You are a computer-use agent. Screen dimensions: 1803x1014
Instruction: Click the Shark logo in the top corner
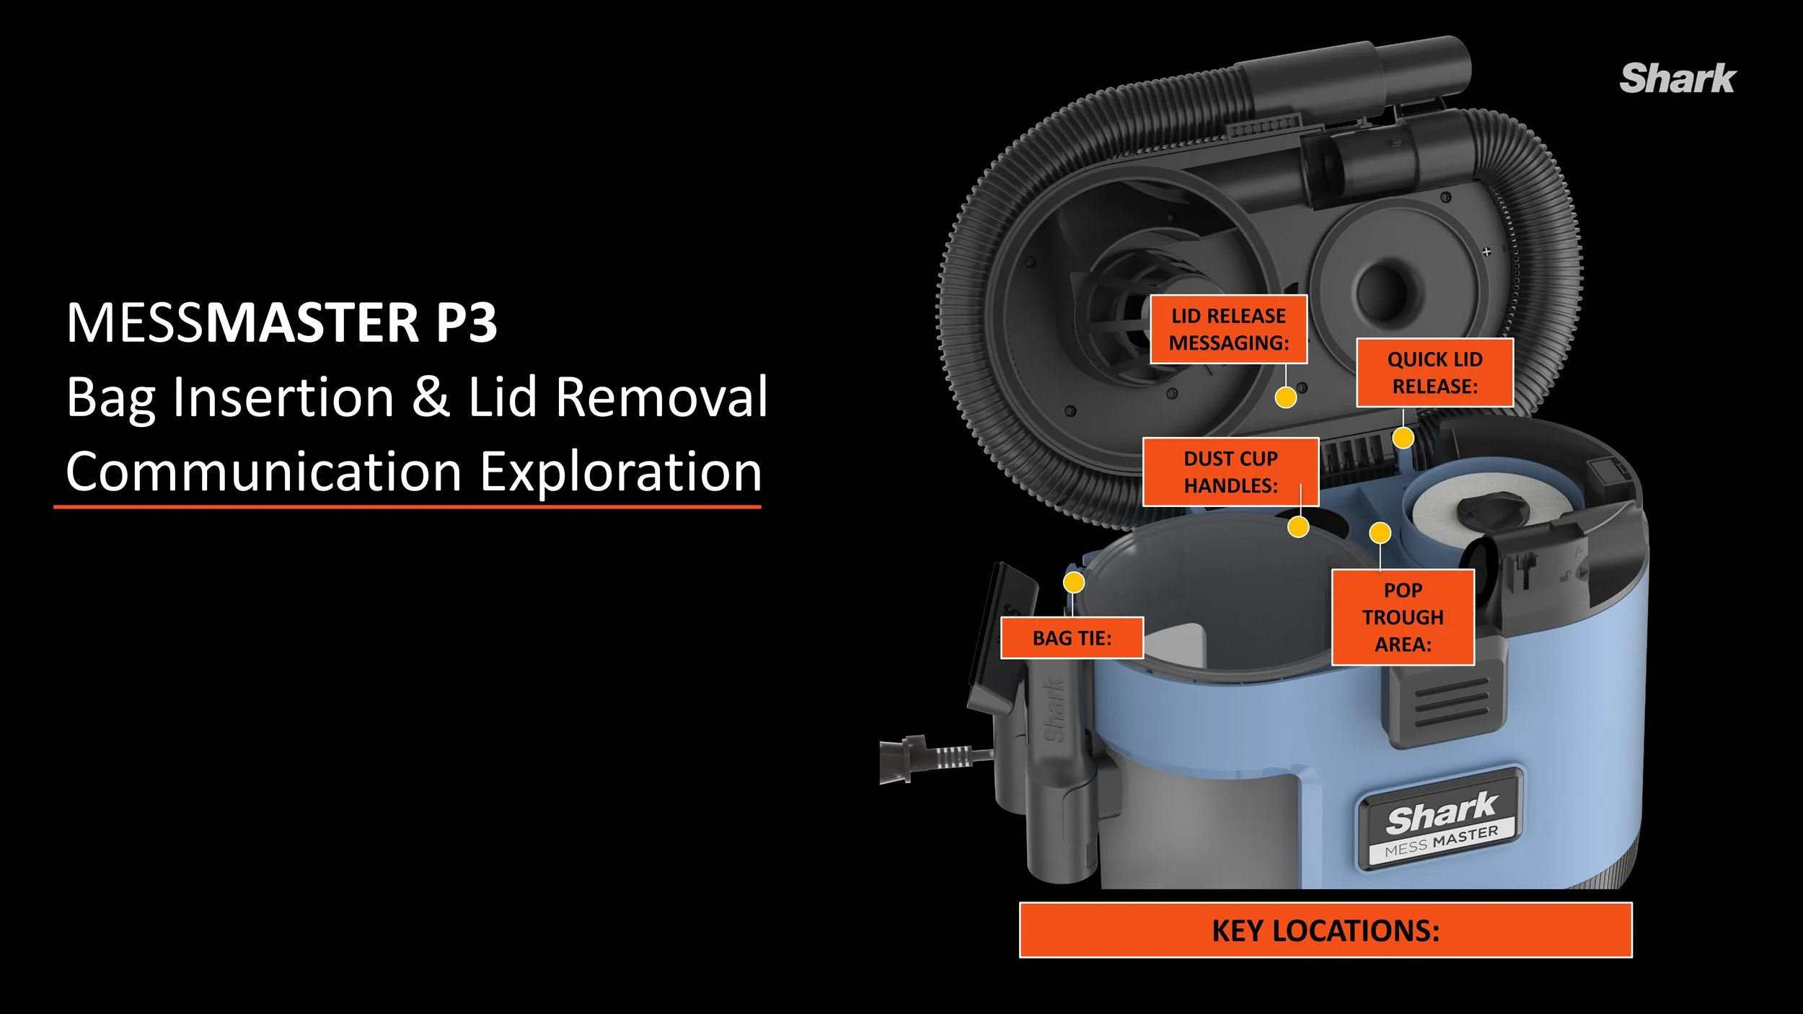[1677, 79]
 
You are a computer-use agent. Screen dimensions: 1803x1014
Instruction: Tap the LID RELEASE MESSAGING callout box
[1228, 329]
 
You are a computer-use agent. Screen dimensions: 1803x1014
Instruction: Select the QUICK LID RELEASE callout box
[1434, 373]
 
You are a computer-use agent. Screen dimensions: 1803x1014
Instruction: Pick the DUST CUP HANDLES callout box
[1230, 472]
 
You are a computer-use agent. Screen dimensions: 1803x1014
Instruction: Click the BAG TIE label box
[1072, 638]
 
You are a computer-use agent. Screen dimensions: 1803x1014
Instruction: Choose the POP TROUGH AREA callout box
[1403, 617]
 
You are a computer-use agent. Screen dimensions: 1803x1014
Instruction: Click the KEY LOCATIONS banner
[1325, 930]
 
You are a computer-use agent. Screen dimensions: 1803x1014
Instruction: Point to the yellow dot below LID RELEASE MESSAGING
[1285, 397]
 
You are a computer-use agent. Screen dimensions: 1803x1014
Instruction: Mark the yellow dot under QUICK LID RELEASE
[1403, 437]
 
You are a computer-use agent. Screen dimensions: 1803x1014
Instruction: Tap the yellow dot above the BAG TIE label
[1074, 582]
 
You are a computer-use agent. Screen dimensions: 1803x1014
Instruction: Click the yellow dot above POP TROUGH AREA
[1380, 533]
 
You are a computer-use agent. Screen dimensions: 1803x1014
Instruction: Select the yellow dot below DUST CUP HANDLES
[1298, 527]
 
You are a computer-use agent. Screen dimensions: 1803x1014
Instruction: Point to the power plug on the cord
[901, 759]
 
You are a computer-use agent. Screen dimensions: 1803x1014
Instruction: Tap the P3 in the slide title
[466, 322]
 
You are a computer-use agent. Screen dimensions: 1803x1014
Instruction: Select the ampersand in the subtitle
[431, 397]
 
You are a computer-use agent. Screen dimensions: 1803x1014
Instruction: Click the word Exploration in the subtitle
[620, 472]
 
